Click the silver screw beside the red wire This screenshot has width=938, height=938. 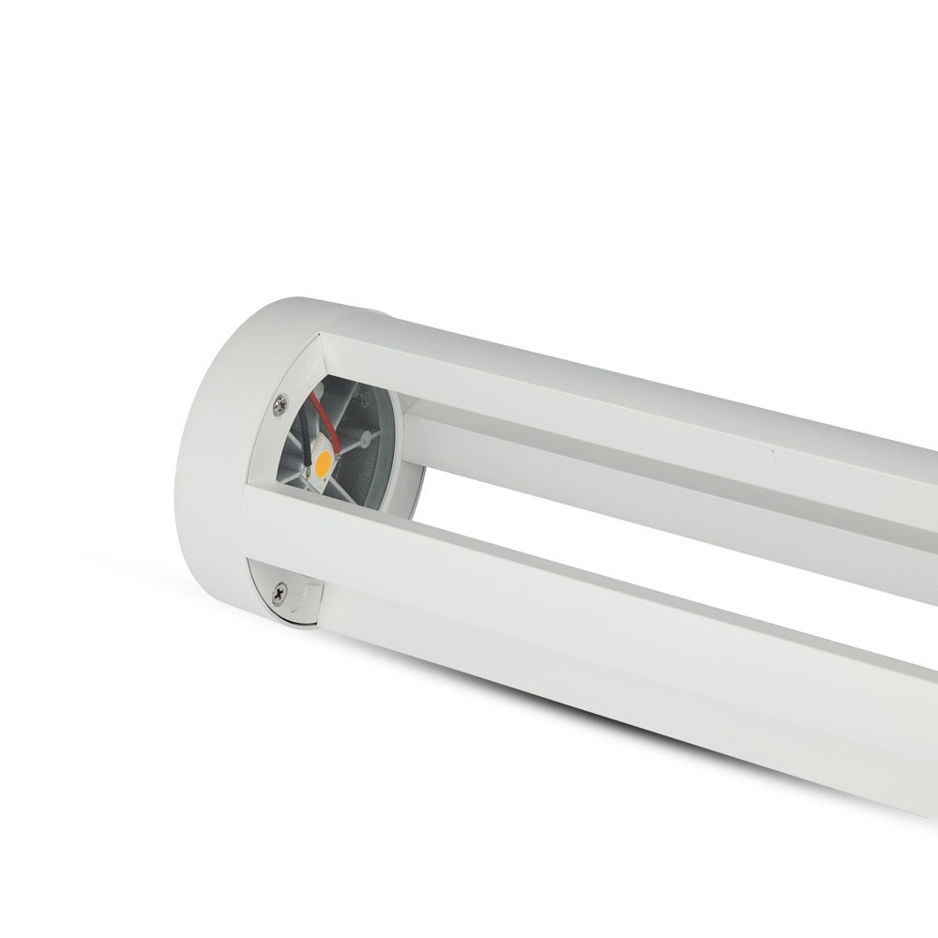pos(280,405)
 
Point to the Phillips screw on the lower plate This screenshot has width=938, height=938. pos(279,593)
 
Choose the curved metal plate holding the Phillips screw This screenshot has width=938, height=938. pos(286,600)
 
